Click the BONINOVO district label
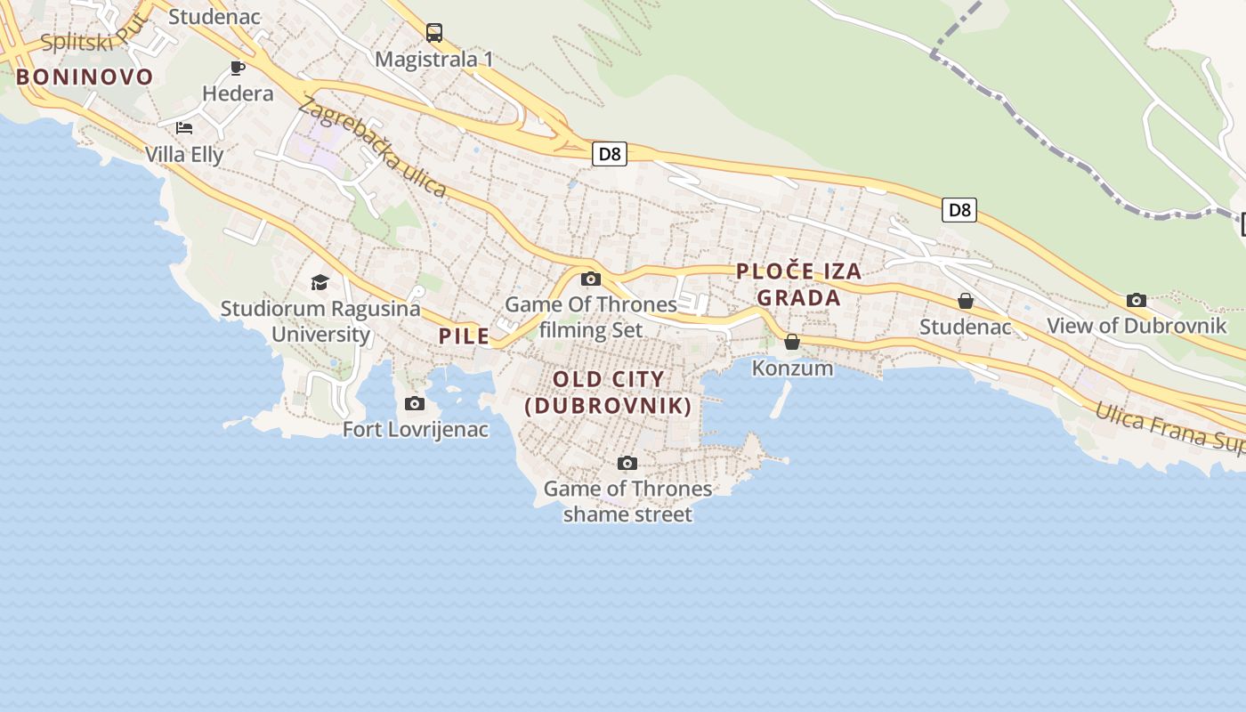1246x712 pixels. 85,77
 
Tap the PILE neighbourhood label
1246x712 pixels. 464,336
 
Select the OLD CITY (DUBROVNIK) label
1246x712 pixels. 609,392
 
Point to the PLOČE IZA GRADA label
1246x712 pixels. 799,285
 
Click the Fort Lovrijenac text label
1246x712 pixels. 416,430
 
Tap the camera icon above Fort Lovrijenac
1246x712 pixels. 415,404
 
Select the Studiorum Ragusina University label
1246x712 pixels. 320,321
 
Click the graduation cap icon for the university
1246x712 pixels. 320,283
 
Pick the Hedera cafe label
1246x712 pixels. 238,93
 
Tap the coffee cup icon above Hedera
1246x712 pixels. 238,68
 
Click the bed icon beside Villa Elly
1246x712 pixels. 184,128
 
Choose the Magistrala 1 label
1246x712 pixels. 433,60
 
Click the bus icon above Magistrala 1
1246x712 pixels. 434,33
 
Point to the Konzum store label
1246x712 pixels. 792,368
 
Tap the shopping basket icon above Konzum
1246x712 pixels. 792,342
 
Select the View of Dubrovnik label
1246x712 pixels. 1137,326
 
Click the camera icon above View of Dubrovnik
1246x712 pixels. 1137,300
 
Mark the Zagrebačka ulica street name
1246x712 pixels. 372,147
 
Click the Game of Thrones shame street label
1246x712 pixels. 627,501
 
